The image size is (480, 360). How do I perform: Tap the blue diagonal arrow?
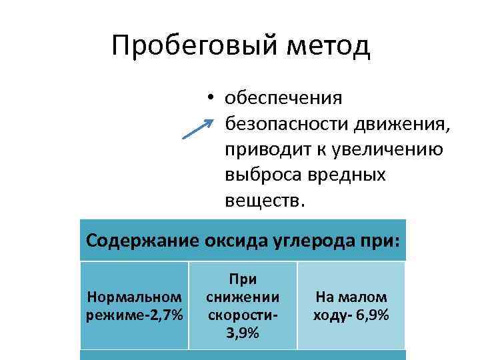click(x=198, y=129)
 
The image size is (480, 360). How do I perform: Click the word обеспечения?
click(x=283, y=98)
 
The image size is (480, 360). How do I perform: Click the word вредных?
click(x=346, y=174)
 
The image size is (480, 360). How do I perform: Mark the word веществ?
click(x=264, y=199)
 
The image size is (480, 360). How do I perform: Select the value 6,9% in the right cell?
click(x=373, y=314)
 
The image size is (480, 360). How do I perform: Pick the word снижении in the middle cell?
click(x=243, y=295)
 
